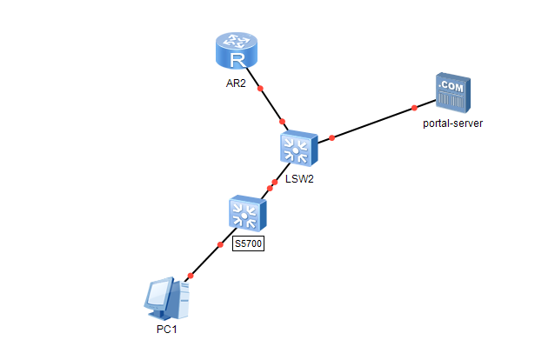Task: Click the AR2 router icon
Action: pos(237,51)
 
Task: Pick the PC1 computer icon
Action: pos(164,300)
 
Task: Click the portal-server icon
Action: pos(452,93)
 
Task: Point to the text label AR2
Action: pos(237,85)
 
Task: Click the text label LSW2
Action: pos(298,180)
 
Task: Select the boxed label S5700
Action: pos(248,244)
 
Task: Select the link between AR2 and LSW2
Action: pos(271,104)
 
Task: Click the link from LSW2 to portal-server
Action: pos(374,123)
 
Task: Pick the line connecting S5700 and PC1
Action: pos(205,259)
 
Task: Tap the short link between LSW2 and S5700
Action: pos(271,185)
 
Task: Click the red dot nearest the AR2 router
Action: pos(260,89)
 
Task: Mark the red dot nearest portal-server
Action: pos(414,108)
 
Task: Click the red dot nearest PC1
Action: pos(190,275)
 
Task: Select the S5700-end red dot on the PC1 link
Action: pos(220,244)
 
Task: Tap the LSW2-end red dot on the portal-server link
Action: pos(331,138)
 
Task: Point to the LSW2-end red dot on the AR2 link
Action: pos(282,121)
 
